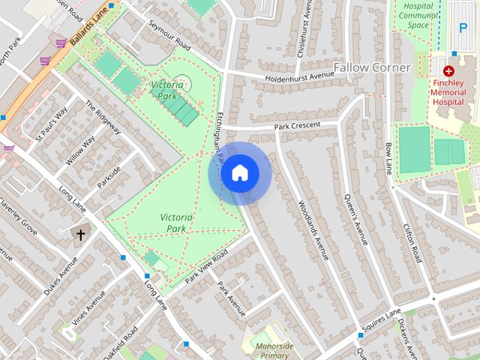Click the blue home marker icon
point(240,173)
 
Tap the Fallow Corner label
point(372,67)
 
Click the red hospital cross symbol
point(448,70)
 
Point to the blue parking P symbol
point(462,28)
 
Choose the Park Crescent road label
point(297,125)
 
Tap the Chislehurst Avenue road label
point(307,22)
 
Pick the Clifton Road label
point(412,242)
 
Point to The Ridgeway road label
point(103,118)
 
